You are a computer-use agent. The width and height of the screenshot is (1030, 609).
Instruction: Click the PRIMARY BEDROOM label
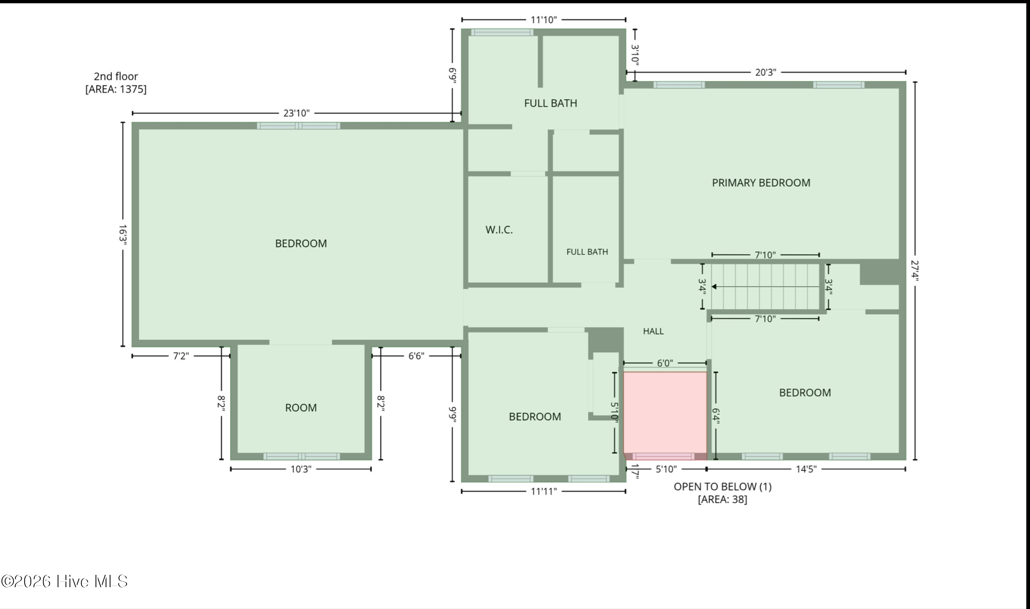pos(761,183)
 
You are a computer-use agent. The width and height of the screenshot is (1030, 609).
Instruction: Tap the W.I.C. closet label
pos(499,230)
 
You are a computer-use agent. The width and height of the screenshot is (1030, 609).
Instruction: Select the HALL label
pos(653,331)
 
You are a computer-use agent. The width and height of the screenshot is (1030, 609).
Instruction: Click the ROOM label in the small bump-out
pos(301,408)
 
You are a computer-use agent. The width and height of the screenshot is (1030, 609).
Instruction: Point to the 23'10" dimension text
pos(296,113)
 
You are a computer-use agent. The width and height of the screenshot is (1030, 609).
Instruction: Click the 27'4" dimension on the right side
pos(915,271)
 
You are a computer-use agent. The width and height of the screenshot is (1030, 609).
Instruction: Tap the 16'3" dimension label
pos(122,235)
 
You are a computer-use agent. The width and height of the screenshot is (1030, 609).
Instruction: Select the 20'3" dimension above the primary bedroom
pos(765,72)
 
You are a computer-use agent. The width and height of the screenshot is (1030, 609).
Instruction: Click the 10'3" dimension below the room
pos(301,469)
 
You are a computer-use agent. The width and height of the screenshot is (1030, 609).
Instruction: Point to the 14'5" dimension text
pos(806,469)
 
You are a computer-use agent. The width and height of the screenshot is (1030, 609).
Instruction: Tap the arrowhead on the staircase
pos(714,287)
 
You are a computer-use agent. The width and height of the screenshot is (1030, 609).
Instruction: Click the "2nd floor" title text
pos(116,77)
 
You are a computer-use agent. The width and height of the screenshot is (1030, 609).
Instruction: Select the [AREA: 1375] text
pos(116,89)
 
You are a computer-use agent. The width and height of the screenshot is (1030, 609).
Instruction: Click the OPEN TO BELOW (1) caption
pos(723,487)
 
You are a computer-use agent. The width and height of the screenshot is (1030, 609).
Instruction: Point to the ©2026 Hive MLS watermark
pos(65,581)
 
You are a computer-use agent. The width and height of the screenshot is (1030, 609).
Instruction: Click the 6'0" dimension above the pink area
pos(665,363)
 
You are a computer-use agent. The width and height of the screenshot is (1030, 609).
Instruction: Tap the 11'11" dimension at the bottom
pos(543,491)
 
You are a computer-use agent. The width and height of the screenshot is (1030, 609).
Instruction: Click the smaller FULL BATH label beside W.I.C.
pos(587,252)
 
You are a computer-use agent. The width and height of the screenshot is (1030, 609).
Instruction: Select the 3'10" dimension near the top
pos(635,55)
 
